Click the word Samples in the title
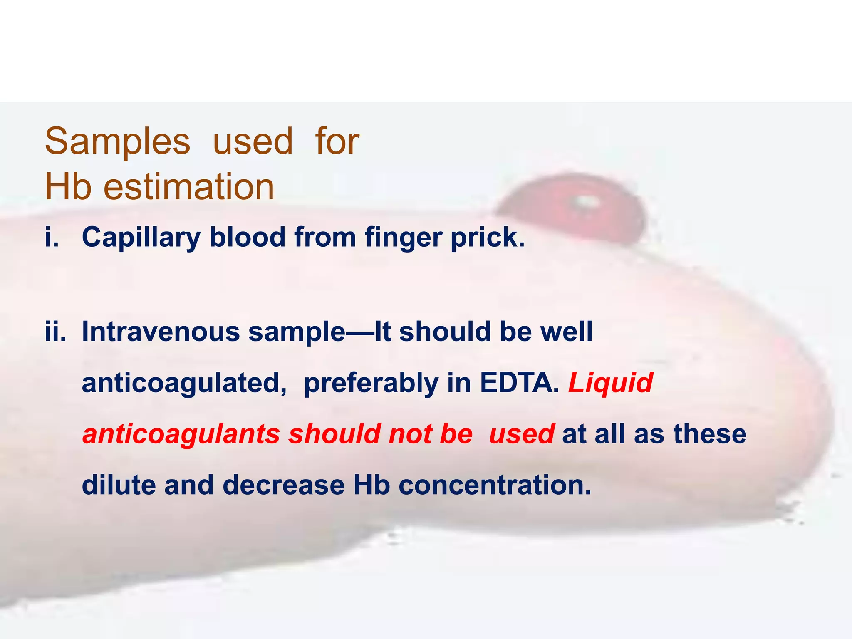[x=117, y=141]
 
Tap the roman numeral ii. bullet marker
[x=56, y=332]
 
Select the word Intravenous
[x=161, y=332]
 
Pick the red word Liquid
[x=610, y=383]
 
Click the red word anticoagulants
[x=181, y=434]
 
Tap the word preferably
[x=371, y=383]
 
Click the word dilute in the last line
[x=119, y=485]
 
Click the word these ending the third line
[x=710, y=434]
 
